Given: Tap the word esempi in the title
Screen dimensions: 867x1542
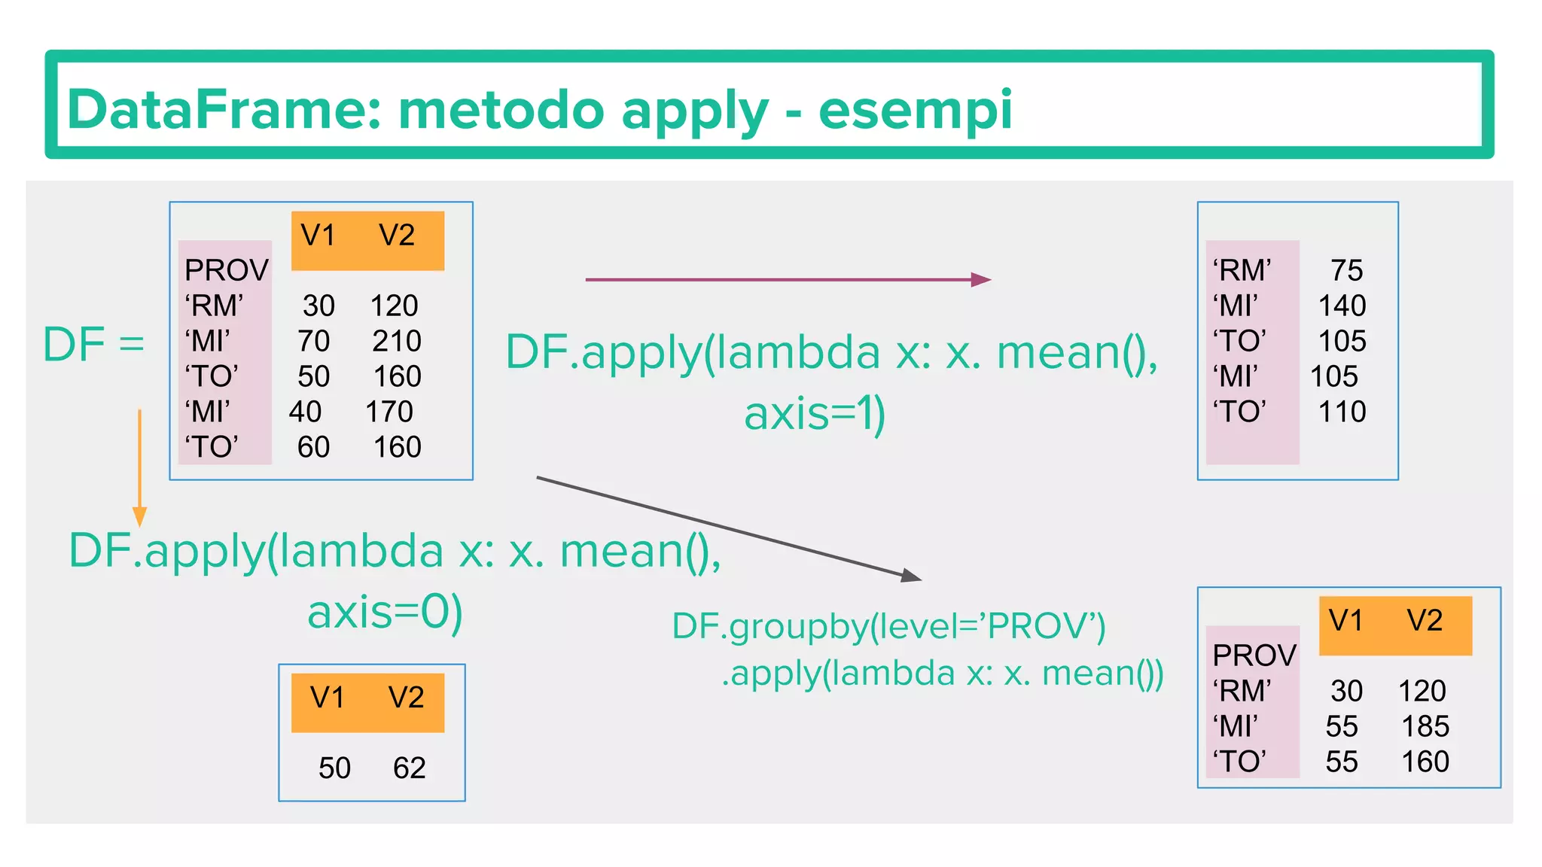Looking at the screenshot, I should pyautogui.click(x=915, y=110).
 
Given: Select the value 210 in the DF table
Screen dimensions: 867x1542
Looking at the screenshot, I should pyautogui.click(x=396, y=342).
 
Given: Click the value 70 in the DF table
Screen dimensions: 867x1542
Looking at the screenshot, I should pyautogui.click(x=313, y=342).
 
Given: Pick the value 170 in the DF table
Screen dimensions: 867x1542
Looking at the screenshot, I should pyautogui.click(x=389, y=412).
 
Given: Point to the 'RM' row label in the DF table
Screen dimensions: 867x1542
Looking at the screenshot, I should pyautogui.click(x=214, y=306).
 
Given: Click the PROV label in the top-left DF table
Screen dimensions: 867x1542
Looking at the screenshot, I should pyautogui.click(x=226, y=270).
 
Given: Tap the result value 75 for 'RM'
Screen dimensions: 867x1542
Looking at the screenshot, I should pyautogui.click(x=1346, y=271).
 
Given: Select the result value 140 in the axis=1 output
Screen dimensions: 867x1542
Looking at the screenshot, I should pyautogui.click(x=1342, y=306).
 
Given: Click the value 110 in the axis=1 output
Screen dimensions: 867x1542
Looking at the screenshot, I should pyautogui.click(x=1342, y=412).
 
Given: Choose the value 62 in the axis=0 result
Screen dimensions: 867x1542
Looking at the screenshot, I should pyautogui.click(x=409, y=768).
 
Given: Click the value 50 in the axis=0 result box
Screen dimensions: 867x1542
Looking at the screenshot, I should pyautogui.click(x=334, y=768).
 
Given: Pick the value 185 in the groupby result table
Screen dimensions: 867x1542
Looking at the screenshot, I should pyautogui.click(x=1425, y=727).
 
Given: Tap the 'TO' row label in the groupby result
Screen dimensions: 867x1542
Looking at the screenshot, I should pyautogui.click(x=1239, y=762).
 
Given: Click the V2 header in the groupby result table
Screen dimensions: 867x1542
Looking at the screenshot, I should pyautogui.click(x=1425, y=621).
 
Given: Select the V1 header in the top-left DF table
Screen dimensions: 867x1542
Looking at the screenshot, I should pyautogui.click(x=318, y=236).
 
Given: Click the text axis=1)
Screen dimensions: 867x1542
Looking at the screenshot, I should pyautogui.click(x=815, y=414).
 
